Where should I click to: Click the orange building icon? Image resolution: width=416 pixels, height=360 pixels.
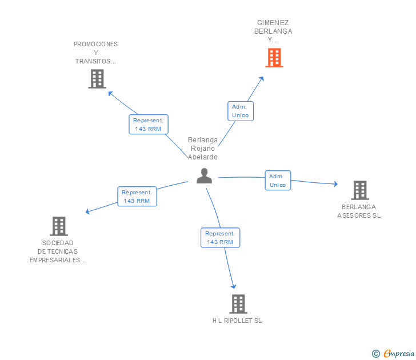(274, 58)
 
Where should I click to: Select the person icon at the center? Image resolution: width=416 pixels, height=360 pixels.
(205, 175)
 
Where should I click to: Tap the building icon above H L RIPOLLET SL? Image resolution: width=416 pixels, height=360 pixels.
(238, 304)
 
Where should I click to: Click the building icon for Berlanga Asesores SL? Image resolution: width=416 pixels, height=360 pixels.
(360, 190)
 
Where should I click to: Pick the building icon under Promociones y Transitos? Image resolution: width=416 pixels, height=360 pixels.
(97, 79)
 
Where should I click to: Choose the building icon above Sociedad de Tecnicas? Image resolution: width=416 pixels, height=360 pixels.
(59, 226)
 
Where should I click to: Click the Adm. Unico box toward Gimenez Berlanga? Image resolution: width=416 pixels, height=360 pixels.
(241, 111)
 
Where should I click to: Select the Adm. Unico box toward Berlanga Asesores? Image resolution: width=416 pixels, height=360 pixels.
(278, 181)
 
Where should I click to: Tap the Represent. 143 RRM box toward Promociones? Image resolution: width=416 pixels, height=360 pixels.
(149, 125)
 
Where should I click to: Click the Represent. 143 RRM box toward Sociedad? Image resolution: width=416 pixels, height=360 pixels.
(137, 197)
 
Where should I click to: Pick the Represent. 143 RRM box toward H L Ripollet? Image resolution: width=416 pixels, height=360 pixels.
(220, 238)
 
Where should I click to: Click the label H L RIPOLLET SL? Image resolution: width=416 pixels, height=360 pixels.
(237, 321)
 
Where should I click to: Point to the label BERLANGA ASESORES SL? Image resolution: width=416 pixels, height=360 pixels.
(359, 211)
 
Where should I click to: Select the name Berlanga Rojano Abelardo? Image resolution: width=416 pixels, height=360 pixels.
(203, 149)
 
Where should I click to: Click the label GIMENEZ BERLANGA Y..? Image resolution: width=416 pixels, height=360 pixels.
(273, 31)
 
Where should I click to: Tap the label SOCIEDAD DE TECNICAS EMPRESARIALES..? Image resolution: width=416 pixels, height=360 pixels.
(58, 251)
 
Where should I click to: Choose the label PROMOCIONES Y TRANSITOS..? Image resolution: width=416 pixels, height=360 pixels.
(95, 53)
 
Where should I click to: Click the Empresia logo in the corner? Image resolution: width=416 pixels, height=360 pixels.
(393, 353)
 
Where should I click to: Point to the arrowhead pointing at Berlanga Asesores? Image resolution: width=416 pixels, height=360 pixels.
(336, 183)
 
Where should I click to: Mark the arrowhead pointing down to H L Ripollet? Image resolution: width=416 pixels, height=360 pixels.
(234, 286)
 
